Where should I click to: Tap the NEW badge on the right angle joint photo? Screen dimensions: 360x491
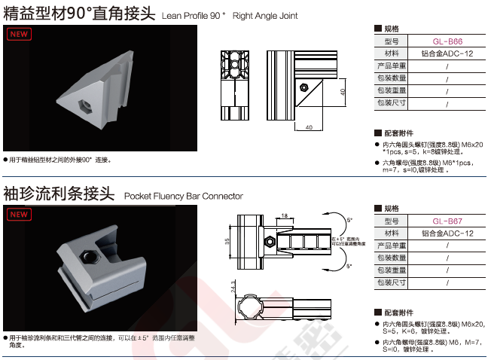point(20,35)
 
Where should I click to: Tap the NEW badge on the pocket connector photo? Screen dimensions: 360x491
point(20,214)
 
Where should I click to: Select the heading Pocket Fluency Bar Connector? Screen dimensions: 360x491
point(183,196)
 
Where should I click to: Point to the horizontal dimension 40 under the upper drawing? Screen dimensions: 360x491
point(310,127)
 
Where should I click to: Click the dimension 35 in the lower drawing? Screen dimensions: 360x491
point(227,242)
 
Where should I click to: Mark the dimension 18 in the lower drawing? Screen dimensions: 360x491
point(283,216)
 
